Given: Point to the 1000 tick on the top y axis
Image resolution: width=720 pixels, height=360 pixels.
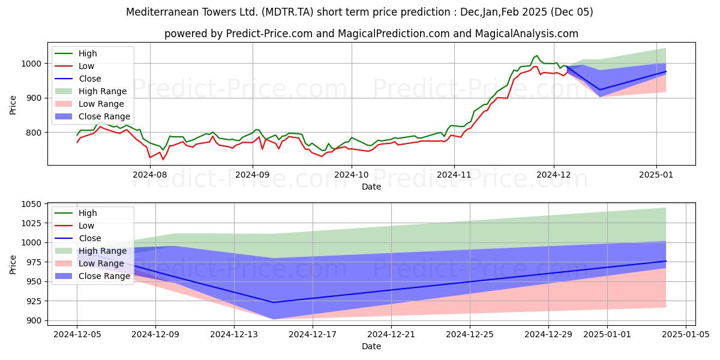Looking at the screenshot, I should [32, 63].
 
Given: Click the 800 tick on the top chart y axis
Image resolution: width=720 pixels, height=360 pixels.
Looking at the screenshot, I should [35, 132].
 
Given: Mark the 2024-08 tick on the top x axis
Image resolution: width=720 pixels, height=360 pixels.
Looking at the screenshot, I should [150, 175].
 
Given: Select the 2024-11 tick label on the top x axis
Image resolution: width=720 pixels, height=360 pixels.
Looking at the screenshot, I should [454, 175].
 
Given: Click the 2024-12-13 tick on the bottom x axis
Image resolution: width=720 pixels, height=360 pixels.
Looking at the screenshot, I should [234, 334].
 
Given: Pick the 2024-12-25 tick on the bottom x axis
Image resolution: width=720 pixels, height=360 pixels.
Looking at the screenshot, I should [469, 334].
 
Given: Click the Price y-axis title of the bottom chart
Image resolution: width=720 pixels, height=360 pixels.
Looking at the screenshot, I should [13, 263].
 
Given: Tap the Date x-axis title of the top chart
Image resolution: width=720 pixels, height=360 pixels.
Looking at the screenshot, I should [371, 187].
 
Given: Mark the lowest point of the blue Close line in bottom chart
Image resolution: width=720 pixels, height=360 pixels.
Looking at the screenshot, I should [274, 302].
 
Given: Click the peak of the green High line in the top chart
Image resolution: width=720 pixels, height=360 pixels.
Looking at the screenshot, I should [536, 55].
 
